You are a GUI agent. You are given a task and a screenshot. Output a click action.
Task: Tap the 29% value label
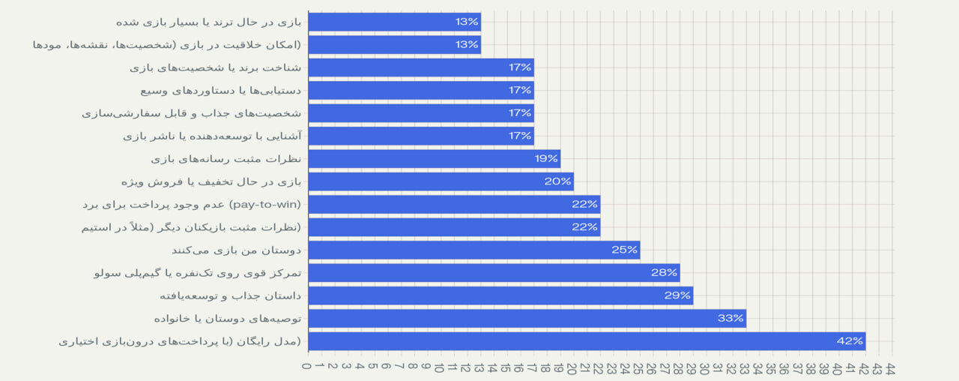[677, 295]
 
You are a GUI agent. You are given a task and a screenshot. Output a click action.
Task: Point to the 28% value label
[664, 273]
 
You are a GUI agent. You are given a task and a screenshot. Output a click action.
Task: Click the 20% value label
[557, 181]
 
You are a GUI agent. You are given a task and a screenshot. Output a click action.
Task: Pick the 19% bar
[434, 159]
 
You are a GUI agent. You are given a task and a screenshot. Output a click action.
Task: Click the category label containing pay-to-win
[191, 204]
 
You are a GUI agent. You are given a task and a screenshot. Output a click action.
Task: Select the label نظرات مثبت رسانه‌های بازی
[226, 159]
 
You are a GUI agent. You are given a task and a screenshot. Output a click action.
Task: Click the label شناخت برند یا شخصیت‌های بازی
[216, 67]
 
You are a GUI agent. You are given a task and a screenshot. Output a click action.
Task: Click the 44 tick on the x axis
[891, 368]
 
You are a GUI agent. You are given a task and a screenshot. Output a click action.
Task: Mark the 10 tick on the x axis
[440, 368]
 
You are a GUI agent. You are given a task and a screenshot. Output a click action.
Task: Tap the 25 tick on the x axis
[639, 368]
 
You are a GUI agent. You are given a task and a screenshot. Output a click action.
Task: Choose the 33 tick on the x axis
[745, 368]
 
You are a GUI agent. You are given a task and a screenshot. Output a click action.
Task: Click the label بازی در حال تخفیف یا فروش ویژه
[211, 181]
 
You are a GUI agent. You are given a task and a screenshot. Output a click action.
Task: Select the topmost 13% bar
[394, 22]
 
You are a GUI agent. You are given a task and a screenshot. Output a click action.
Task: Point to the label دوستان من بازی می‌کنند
[236, 250]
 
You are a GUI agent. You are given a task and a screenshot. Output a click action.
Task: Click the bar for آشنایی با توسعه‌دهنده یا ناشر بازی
[420, 136]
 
